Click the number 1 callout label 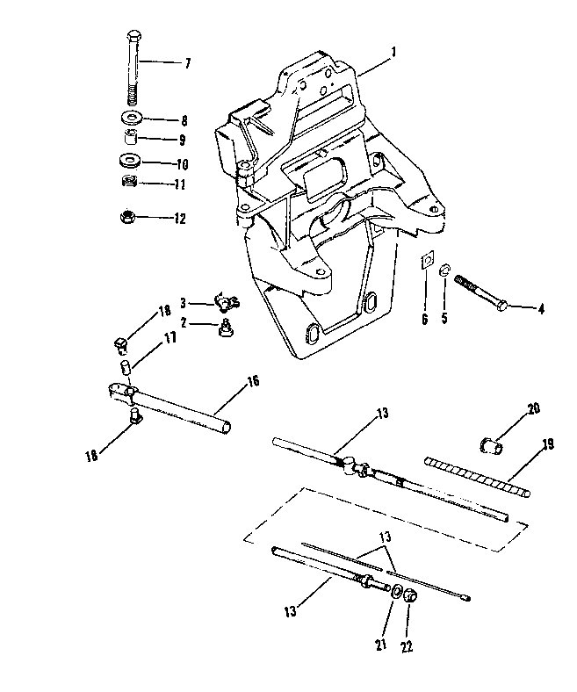tap(393, 53)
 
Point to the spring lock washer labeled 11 tap(129, 181)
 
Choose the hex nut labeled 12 tap(128, 216)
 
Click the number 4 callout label tap(540, 309)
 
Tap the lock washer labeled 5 tap(445, 270)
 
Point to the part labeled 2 tap(226, 328)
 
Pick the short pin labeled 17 tap(126, 367)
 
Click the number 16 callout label tap(253, 381)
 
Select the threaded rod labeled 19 tap(477, 477)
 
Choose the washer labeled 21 tap(396, 591)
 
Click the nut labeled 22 tap(411, 596)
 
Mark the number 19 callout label tap(547, 444)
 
